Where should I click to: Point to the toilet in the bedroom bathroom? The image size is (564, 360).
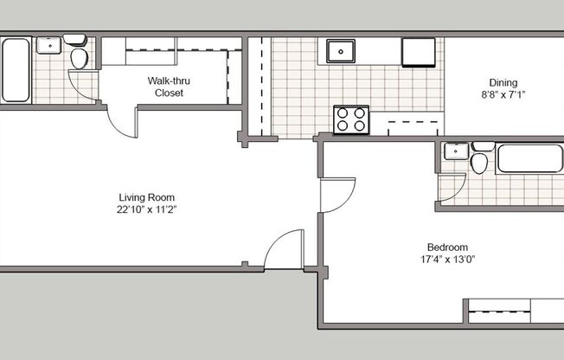pos(481,159)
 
